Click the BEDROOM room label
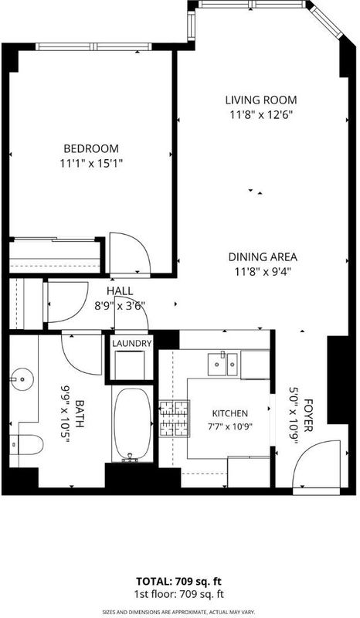tap(91, 148)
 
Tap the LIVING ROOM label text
tap(261, 100)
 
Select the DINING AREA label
tap(263, 257)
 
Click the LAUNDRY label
tap(131, 343)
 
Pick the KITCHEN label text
tap(230, 413)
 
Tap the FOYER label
tap(308, 416)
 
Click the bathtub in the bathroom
tap(132, 424)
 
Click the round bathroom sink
tap(22, 379)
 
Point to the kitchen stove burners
tap(175, 419)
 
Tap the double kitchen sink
tap(223, 364)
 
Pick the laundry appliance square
tap(129, 365)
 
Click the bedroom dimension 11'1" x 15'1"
tap(91, 163)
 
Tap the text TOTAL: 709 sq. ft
tap(179, 582)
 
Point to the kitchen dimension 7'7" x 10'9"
tap(230, 426)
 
